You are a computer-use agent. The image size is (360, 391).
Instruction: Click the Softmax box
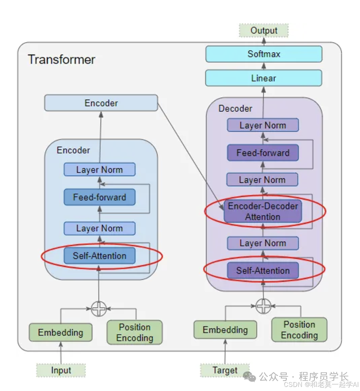tap(264, 54)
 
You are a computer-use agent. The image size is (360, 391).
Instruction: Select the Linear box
tap(264, 78)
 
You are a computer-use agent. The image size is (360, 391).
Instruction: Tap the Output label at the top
tap(264, 31)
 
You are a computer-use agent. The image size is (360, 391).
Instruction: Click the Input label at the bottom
tap(61, 370)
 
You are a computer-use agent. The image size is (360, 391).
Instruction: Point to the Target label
tap(225, 370)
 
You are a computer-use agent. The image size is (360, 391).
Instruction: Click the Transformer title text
tap(62, 59)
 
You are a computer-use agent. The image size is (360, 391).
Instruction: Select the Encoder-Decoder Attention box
tap(263, 211)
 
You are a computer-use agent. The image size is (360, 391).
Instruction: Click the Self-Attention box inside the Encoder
tap(99, 256)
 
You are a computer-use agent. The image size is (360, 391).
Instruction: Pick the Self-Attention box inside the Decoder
tap(263, 271)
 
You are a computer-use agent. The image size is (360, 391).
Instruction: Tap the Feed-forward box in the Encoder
tap(99, 197)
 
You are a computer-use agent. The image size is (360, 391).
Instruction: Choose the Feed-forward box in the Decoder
tap(263, 153)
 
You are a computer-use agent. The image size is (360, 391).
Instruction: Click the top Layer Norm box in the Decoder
tap(263, 125)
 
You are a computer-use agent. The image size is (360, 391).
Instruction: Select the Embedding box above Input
tap(60, 332)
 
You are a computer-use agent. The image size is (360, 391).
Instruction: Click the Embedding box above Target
tap(225, 330)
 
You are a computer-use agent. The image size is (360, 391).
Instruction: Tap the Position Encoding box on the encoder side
tap(134, 332)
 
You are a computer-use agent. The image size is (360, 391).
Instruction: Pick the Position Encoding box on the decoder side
tap(299, 330)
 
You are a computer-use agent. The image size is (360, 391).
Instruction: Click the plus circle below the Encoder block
tap(99, 309)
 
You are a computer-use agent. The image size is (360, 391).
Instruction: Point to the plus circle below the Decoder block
tap(263, 306)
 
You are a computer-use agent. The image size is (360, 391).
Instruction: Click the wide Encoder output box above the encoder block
tap(101, 103)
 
